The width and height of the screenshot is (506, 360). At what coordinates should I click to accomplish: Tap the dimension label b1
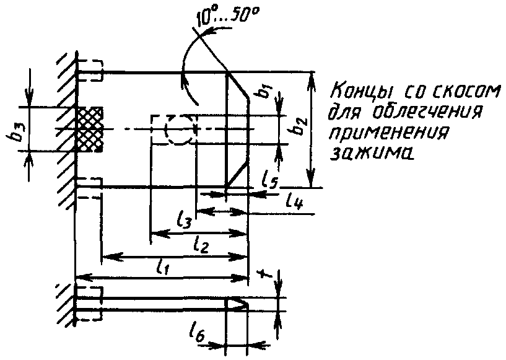[265, 91]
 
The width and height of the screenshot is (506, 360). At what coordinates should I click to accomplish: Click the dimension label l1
[163, 267]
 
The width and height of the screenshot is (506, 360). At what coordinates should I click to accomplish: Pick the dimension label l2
[200, 244]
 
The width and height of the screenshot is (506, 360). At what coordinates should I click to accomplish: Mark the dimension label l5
[268, 180]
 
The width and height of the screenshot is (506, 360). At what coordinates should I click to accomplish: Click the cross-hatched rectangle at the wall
[89, 130]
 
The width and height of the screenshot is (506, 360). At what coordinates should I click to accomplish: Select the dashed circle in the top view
[180, 130]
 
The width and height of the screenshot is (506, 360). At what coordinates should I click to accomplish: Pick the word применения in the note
[390, 133]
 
